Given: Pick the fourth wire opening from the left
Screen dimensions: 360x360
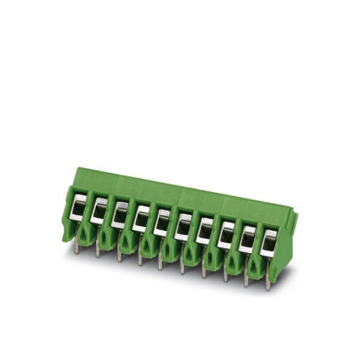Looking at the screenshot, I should (x=141, y=217).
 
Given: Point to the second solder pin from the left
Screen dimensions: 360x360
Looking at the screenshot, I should (x=98, y=251).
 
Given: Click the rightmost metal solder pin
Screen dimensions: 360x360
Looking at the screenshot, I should (x=268, y=285).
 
